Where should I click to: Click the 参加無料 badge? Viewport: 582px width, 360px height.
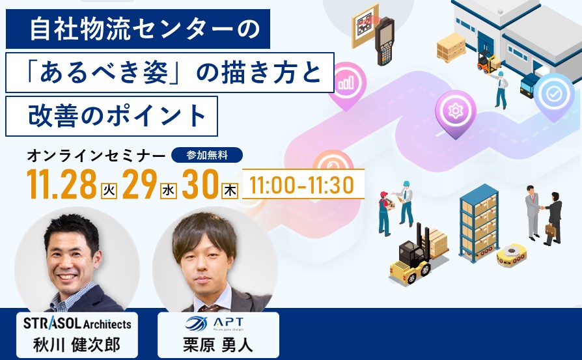pos(207,155)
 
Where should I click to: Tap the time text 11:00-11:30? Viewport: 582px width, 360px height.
pos(302,185)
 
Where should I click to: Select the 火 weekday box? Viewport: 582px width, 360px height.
pos(109,190)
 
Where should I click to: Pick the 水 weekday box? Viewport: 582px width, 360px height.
pos(169,190)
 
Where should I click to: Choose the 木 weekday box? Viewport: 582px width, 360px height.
pos(230,190)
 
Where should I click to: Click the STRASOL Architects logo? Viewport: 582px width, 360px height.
pos(77,324)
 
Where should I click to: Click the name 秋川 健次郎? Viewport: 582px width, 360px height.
pos(77,345)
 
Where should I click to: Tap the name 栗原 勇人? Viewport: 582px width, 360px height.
pos(218,345)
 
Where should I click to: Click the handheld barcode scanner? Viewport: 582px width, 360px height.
pos(384,41)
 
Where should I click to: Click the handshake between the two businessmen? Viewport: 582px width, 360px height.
pos(542,208)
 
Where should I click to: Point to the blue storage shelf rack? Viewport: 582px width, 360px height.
pos(478,223)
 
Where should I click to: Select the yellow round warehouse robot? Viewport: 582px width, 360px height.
pos(512,255)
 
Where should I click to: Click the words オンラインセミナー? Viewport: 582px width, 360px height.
pos(96,156)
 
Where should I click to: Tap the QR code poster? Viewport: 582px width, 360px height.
pos(365,25)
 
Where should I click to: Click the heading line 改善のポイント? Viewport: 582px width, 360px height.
pos(117,116)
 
